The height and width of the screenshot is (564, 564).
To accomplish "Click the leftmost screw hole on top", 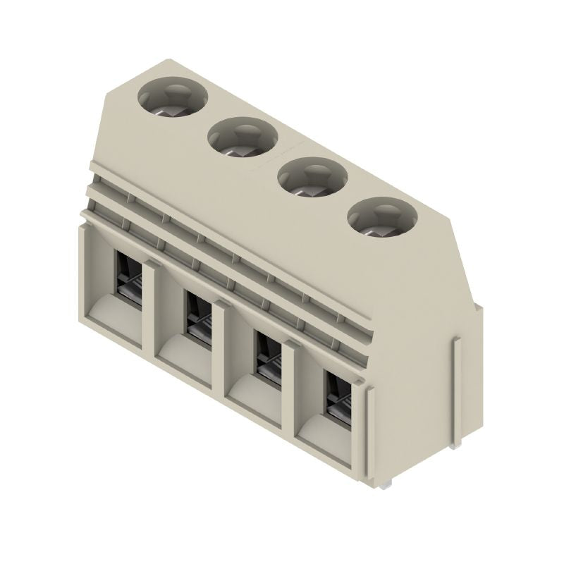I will click(172, 99).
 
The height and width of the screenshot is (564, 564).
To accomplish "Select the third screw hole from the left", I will click(313, 176).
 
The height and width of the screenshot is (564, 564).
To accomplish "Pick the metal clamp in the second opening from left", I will click(198, 314).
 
